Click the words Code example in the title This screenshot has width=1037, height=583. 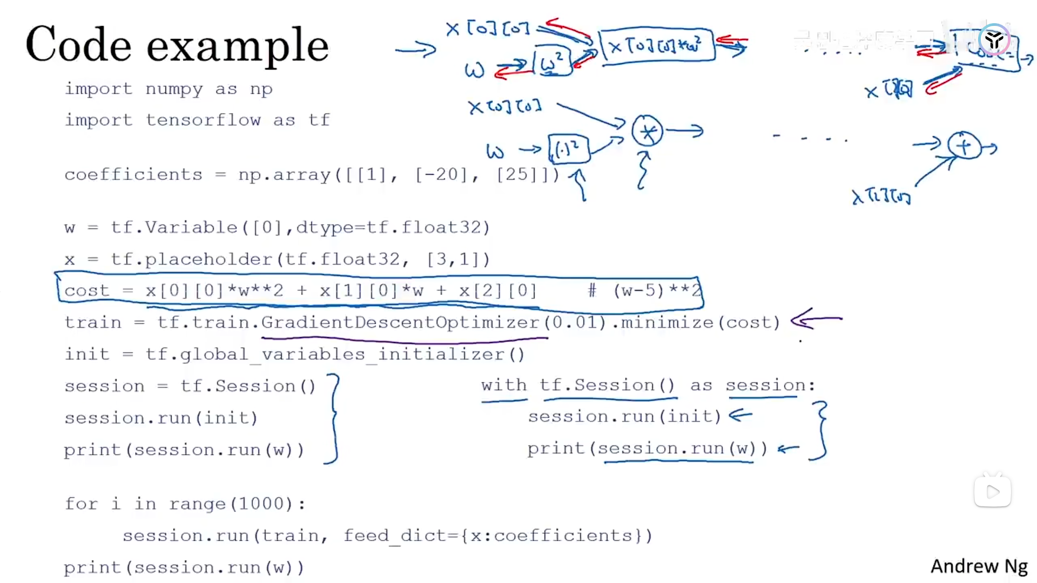(x=177, y=45)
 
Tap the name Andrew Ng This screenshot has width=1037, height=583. (x=979, y=566)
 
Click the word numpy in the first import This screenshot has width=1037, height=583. (x=174, y=89)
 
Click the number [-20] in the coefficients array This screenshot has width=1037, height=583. (x=440, y=174)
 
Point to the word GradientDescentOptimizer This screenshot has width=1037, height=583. (x=400, y=322)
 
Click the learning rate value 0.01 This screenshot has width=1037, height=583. (x=575, y=322)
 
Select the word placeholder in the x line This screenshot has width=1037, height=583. (x=208, y=260)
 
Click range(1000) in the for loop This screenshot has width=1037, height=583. (x=231, y=504)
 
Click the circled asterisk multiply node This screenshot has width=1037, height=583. (x=647, y=131)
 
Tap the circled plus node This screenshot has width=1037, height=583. (x=964, y=146)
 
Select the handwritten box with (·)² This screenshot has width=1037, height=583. (x=568, y=149)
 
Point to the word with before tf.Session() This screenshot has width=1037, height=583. (x=503, y=385)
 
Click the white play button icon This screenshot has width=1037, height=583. (x=993, y=492)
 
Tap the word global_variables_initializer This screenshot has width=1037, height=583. (x=335, y=355)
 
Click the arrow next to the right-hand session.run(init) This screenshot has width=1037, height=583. (x=740, y=415)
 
